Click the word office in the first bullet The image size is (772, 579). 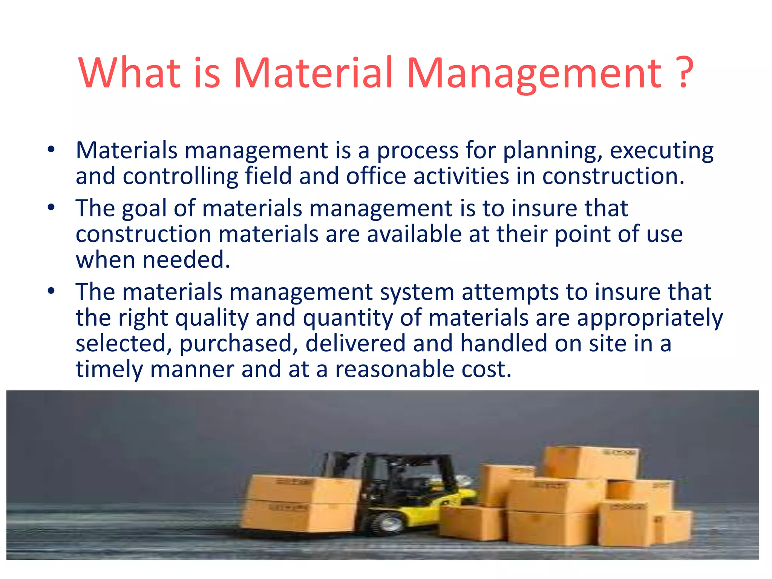tap(376, 176)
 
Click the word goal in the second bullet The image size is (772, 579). tap(144, 209)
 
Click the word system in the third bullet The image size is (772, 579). tap(417, 292)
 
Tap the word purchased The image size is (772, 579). tap(239, 344)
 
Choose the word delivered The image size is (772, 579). tap(355, 344)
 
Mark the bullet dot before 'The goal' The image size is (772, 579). tap(52, 207)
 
